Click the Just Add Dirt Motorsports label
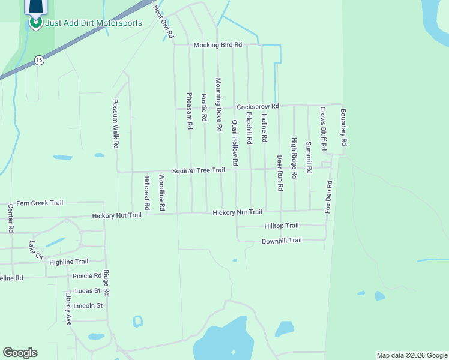pyautogui.click(x=94, y=23)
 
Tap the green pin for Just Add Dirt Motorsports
pyautogui.click(x=35, y=22)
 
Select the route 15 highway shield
pyautogui.click(x=39, y=60)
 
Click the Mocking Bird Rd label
pyautogui.click(x=217, y=45)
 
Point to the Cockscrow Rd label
pyautogui.click(x=258, y=106)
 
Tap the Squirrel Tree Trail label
pyautogui.click(x=198, y=170)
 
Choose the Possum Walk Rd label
pyautogui.click(x=116, y=124)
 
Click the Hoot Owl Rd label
pyautogui.click(x=163, y=22)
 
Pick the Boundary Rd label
pyautogui.click(x=344, y=127)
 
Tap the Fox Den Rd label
pyautogui.click(x=328, y=197)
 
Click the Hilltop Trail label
pyautogui.click(x=281, y=226)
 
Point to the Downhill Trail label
pyautogui.click(x=282, y=241)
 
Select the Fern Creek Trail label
pyautogui.click(x=40, y=203)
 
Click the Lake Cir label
pyautogui.click(x=36, y=250)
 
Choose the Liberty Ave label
pyautogui.click(x=69, y=308)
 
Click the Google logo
pyautogui.click(x=20, y=353)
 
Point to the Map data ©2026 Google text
pyautogui.click(x=411, y=355)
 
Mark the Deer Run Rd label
pyautogui.click(x=280, y=173)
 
